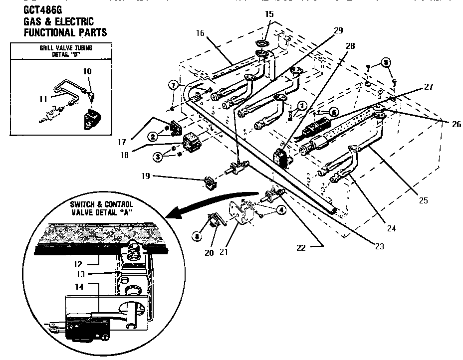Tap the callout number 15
tap(269, 14)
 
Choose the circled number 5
tap(386, 63)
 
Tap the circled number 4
tap(282, 210)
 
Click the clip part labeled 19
tap(210, 183)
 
